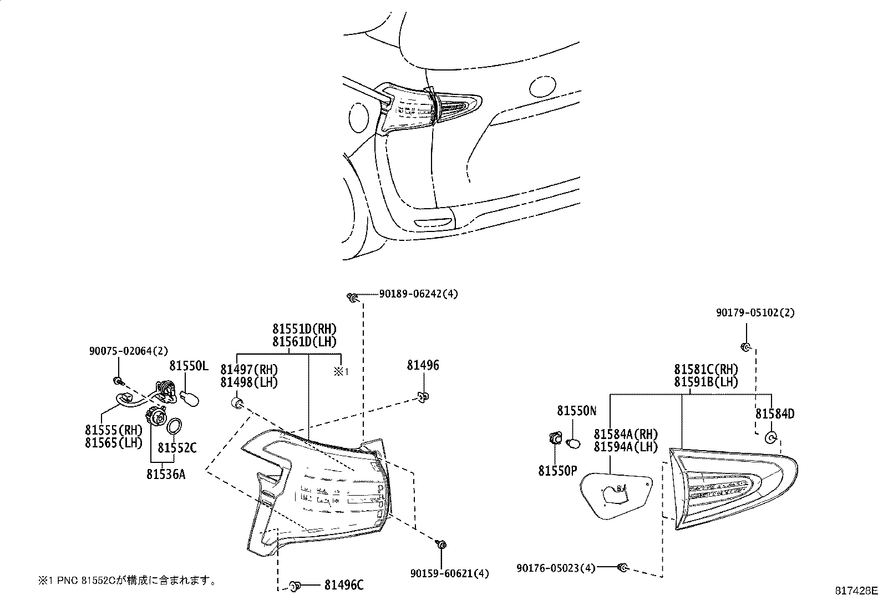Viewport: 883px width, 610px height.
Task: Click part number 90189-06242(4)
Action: pos(419,294)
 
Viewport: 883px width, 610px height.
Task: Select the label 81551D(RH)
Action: pos(305,329)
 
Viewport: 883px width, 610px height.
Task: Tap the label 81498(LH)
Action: pos(249,382)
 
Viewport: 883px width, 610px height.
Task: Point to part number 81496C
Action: pos(344,584)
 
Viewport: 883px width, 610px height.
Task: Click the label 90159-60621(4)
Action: pos(450,573)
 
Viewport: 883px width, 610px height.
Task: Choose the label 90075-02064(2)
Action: pos(129,351)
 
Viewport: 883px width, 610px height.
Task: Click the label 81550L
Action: pos(189,366)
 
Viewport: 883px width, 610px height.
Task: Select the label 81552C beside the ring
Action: pos(177,447)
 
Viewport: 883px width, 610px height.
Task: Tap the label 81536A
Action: pos(166,474)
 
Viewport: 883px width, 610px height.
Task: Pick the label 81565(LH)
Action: pos(114,442)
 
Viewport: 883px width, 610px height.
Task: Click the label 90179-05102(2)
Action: pos(755,313)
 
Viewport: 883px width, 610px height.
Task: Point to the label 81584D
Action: pos(774,414)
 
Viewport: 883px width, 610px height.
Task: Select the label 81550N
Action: pos(577,411)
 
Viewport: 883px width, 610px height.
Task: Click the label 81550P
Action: pos(557,471)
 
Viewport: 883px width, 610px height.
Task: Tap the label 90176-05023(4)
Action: pos(556,568)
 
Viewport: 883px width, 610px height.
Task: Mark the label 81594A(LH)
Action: pos(626,446)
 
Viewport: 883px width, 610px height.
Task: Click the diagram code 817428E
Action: pos(857,591)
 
